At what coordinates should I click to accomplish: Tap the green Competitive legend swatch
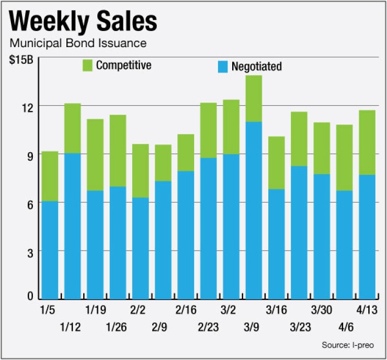tap(87, 66)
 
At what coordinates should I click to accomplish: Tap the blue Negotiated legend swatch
tap(223, 66)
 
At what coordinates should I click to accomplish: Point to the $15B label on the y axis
tap(21, 60)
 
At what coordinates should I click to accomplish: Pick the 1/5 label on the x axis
tap(48, 310)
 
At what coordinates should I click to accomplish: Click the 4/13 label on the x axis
tap(367, 310)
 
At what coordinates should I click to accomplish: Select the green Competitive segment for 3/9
tap(253, 98)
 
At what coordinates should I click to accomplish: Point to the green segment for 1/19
tap(95, 155)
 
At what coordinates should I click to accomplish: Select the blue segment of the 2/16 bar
tap(186, 235)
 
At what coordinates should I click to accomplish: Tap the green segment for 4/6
tap(344, 157)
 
